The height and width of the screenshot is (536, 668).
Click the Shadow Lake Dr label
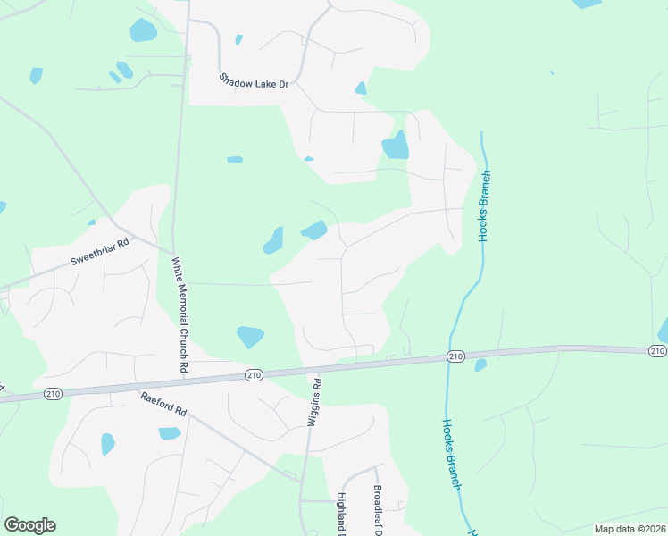[255, 81]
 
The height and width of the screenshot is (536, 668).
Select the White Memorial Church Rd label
[180, 314]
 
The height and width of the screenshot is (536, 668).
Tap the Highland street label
[342, 513]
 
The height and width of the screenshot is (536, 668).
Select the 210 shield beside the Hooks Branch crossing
[455, 357]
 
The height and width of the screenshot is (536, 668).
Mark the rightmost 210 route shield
[657, 350]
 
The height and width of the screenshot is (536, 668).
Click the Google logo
[29, 525]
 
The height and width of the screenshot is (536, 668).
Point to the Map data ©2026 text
[629, 529]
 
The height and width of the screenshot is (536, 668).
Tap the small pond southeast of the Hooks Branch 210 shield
[480, 365]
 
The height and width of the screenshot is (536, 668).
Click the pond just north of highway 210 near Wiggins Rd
[250, 337]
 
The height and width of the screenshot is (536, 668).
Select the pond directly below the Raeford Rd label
[170, 433]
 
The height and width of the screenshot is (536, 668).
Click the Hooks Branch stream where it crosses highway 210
[448, 360]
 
